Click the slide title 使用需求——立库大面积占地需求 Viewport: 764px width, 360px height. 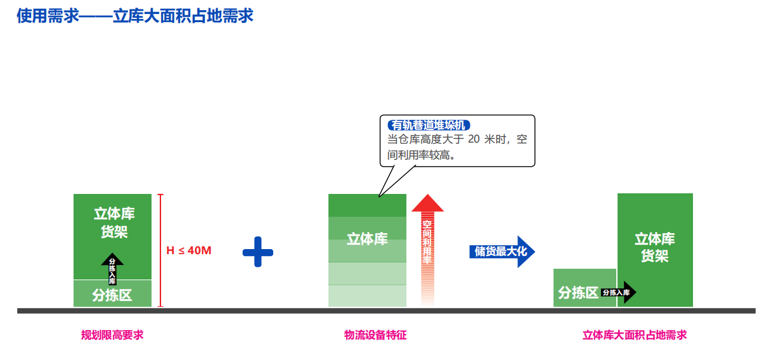(135, 15)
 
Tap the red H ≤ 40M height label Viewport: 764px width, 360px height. (188, 250)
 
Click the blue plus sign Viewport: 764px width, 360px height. (257, 252)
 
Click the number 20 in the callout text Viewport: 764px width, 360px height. (473, 139)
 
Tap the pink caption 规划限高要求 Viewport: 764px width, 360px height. (112, 335)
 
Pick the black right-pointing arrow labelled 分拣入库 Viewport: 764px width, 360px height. (618, 292)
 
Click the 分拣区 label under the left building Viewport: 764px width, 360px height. (112, 295)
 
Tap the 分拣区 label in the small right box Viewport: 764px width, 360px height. (578, 292)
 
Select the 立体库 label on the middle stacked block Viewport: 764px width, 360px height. (367, 239)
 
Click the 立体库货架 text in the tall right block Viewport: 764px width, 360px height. (655, 247)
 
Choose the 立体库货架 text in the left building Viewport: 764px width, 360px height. (114, 222)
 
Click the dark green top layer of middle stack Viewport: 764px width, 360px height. (367, 205)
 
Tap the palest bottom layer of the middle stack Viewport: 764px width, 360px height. (367, 296)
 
